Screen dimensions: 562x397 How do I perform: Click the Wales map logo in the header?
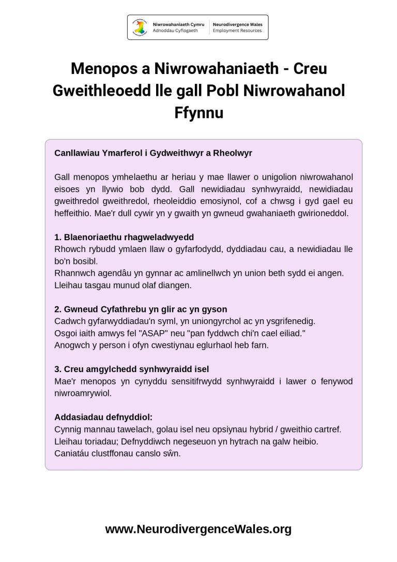(x=139, y=27)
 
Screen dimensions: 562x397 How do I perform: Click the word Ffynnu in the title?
(x=198, y=112)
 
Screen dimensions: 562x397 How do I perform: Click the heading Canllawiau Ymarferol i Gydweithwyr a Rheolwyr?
(x=153, y=153)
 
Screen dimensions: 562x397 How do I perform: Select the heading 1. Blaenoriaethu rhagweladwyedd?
(x=124, y=238)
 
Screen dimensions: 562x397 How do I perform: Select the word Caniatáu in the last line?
(x=71, y=453)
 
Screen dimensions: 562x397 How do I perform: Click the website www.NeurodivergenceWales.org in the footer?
(x=198, y=529)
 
